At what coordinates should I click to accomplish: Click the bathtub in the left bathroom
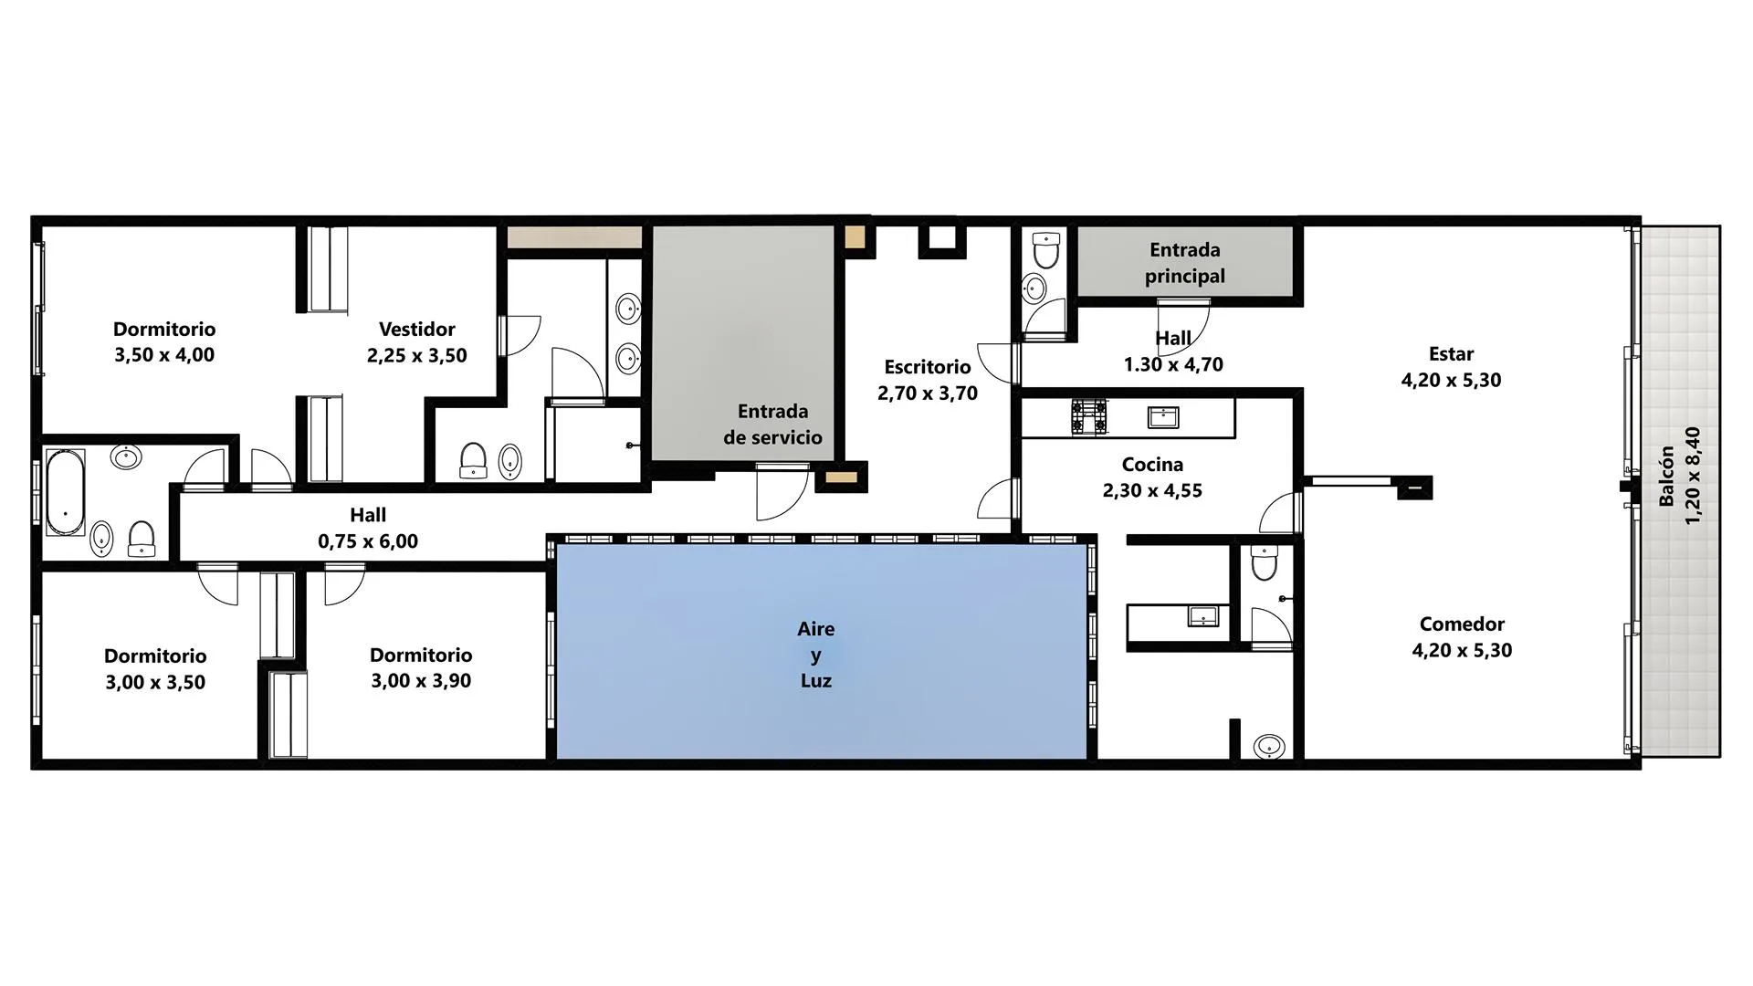(x=65, y=490)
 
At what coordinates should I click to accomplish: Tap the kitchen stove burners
(x=1089, y=416)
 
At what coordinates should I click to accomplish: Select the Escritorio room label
(x=928, y=367)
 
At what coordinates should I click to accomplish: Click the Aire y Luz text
(x=816, y=655)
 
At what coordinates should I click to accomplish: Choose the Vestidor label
(x=417, y=329)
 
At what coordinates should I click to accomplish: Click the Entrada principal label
(x=1185, y=263)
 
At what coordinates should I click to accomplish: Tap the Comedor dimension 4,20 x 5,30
(x=1462, y=651)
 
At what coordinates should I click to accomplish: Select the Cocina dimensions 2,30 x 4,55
(x=1152, y=490)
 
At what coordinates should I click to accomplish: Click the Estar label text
(x=1452, y=354)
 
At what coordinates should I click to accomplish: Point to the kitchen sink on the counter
(x=1163, y=417)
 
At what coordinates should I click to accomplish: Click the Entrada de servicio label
(x=773, y=425)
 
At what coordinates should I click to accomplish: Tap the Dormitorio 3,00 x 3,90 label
(x=421, y=667)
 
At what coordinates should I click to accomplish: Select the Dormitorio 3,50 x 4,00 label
(x=164, y=341)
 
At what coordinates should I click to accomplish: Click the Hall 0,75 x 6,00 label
(x=368, y=528)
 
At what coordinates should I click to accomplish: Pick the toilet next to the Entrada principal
(x=1045, y=250)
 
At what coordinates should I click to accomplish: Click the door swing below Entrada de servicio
(x=782, y=493)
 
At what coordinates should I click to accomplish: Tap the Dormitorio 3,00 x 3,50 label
(x=155, y=669)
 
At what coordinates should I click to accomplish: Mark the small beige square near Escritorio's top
(x=855, y=236)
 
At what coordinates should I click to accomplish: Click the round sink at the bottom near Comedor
(x=1269, y=747)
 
